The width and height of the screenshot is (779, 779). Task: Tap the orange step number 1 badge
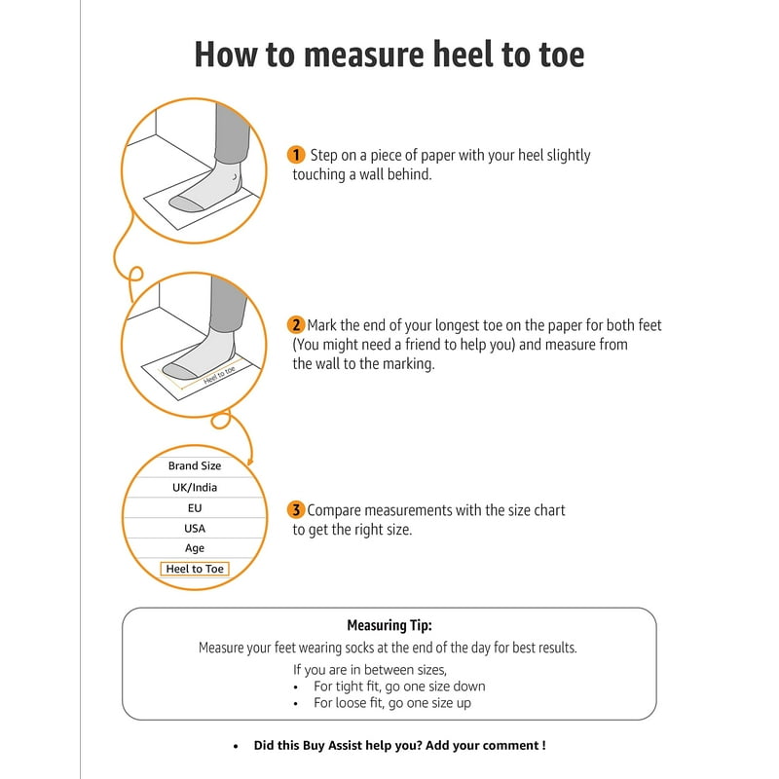coord(297,155)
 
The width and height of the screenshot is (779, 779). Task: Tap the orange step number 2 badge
coord(297,325)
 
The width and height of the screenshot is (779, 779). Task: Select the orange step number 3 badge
coord(297,510)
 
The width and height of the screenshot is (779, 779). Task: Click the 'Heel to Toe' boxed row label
coord(195,569)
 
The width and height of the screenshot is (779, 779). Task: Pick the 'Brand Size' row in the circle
coord(195,465)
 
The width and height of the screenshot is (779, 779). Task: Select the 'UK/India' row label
coord(195,487)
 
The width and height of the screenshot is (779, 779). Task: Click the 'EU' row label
coord(195,507)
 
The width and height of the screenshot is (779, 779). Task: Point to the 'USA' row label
coord(195,528)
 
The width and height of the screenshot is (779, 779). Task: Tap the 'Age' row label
coord(195,548)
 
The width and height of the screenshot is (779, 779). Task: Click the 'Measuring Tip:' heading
coord(389,625)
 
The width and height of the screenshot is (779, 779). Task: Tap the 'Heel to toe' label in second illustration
coord(220,374)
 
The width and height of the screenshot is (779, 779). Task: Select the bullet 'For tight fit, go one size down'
coord(399,686)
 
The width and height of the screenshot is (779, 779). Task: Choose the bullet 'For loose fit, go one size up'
coord(392,702)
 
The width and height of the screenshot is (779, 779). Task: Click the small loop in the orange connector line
coord(135,275)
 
